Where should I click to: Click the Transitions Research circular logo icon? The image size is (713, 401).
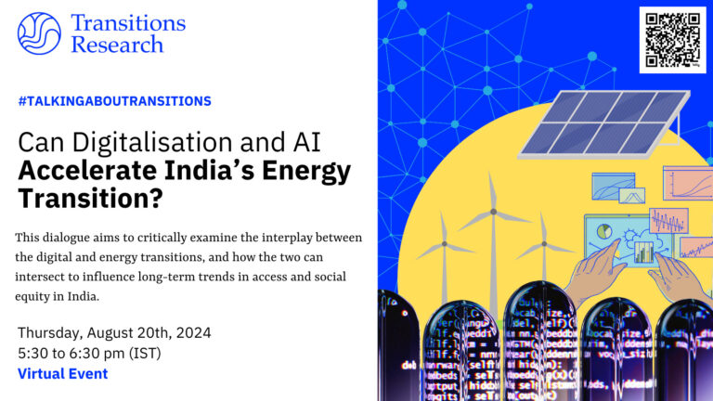point(39,33)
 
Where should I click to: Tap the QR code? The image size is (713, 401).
point(672,39)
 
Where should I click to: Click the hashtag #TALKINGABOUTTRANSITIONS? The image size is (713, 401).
point(114,100)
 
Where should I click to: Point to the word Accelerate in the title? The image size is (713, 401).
point(89,172)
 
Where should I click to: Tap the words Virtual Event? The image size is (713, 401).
point(62,374)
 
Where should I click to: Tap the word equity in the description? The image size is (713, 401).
point(38,298)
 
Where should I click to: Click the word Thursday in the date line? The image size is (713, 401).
point(52,332)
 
